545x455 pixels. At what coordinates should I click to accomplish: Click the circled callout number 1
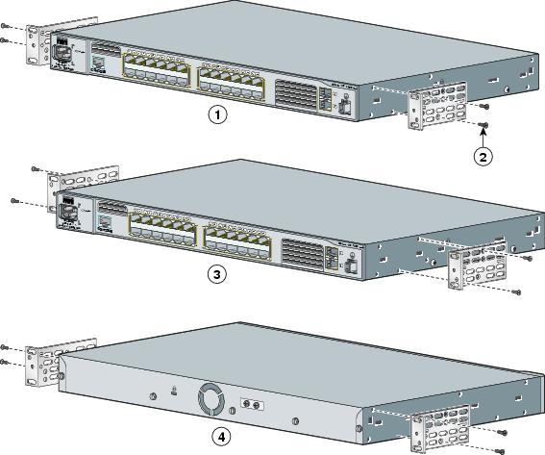[219, 115]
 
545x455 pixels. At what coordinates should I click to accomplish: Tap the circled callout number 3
[218, 274]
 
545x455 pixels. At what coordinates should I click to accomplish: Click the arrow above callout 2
[483, 139]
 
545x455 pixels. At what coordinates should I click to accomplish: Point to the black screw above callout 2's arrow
[483, 125]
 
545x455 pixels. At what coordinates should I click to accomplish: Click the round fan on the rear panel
[211, 399]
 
